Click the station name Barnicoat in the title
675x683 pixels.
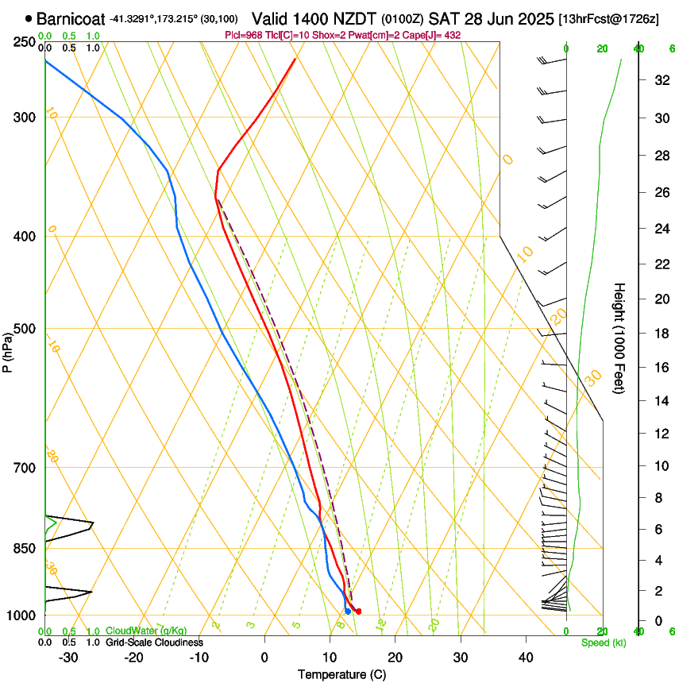[71, 18]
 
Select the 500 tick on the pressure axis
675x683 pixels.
[25, 329]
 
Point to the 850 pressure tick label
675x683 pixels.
[25, 548]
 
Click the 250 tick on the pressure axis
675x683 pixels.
[25, 41]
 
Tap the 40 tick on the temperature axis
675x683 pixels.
[525, 658]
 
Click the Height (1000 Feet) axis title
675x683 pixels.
[619, 338]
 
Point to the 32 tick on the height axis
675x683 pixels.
[658, 80]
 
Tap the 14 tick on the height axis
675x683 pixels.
[658, 401]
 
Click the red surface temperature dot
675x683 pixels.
[359, 612]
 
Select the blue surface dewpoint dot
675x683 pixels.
[348, 611]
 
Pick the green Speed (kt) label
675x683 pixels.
[604, 642]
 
